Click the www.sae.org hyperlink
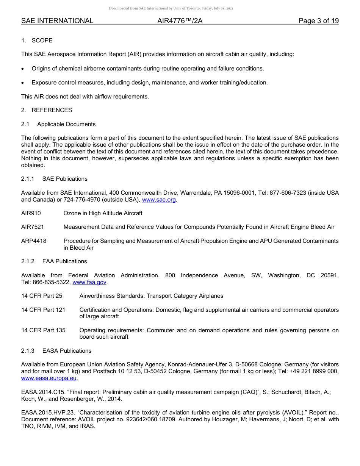(159, 200)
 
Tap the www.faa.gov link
(90, 282)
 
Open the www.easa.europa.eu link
(49, 378)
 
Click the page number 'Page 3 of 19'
(318, 21)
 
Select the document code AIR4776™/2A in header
(180, 21)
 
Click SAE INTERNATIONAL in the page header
(57, 21)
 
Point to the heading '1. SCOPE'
(37, 41)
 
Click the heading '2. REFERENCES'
(47, 110)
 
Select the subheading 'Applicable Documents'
(66, 124)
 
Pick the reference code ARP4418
(34, 241)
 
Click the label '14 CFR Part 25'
(42, 296)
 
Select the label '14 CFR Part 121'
(43, 310)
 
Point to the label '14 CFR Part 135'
(43, 330)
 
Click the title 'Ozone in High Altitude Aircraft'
(103, 213)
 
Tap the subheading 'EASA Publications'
(67, 351)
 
